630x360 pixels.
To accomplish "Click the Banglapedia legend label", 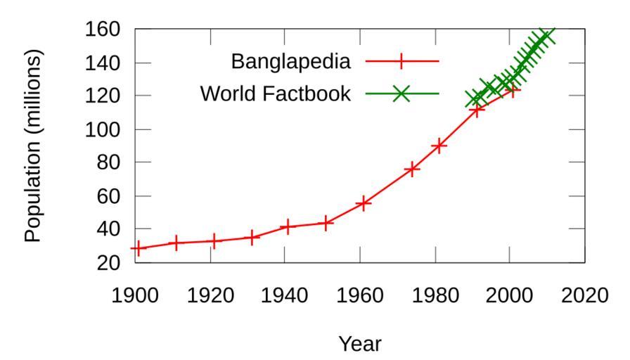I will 290,62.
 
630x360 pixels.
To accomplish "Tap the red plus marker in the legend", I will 401,62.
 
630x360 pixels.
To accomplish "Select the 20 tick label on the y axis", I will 112,262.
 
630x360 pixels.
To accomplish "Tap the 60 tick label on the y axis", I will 112,196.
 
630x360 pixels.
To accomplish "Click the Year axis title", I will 360,344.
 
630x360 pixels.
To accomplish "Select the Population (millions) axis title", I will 34,146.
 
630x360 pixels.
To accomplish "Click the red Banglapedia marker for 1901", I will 139,247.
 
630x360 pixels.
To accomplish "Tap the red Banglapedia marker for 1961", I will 364,204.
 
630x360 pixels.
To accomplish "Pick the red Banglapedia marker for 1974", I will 412,169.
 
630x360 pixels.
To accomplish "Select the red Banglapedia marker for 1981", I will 439,146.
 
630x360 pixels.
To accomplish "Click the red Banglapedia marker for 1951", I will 326,223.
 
